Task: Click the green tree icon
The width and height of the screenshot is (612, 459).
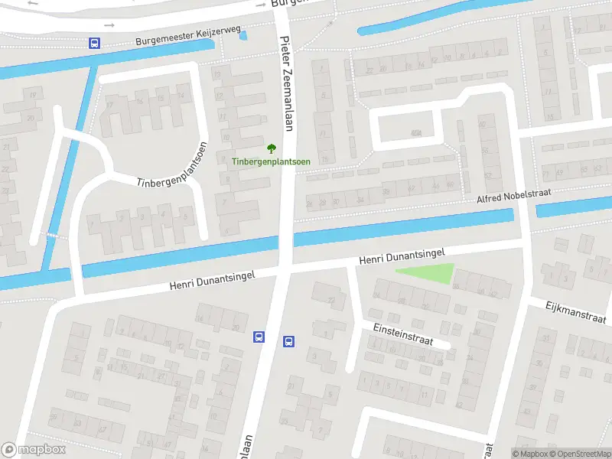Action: coord(270,148)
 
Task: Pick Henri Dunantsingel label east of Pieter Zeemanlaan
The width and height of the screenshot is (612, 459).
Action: coord(402,256)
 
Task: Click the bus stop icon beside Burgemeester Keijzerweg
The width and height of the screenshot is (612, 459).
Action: coord(94,44)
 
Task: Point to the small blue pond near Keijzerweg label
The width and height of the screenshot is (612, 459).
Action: coord(243,35)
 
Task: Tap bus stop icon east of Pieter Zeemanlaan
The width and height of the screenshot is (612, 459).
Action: coord(289,342)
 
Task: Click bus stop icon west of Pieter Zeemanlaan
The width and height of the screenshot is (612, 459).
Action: coord(259,337)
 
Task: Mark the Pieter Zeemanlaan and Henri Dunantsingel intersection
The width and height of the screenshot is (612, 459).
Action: coord(284,267)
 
